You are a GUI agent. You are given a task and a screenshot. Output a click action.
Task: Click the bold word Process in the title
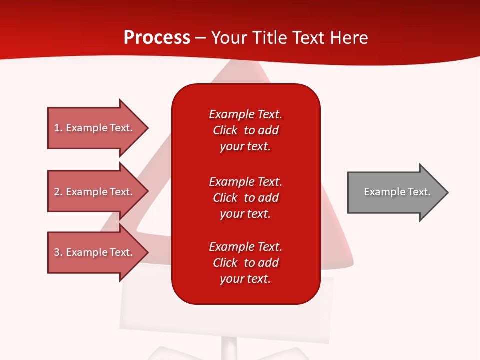[157, 38]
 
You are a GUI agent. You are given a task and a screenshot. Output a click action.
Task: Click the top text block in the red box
[245, 130]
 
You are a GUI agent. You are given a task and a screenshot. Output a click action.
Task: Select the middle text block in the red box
[245, 198]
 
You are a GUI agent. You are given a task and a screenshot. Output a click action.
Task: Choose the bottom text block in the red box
[245, 263]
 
